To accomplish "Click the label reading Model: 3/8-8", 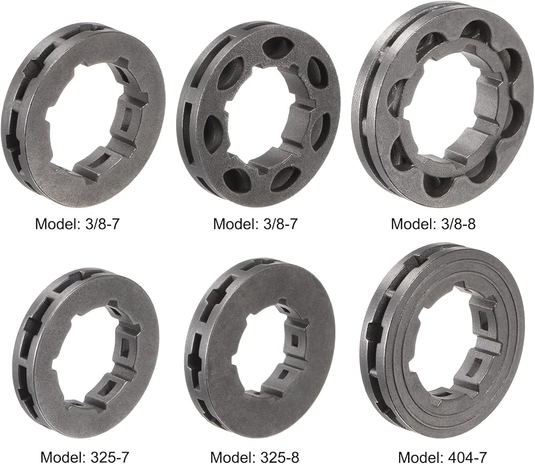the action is pos(433,224).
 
